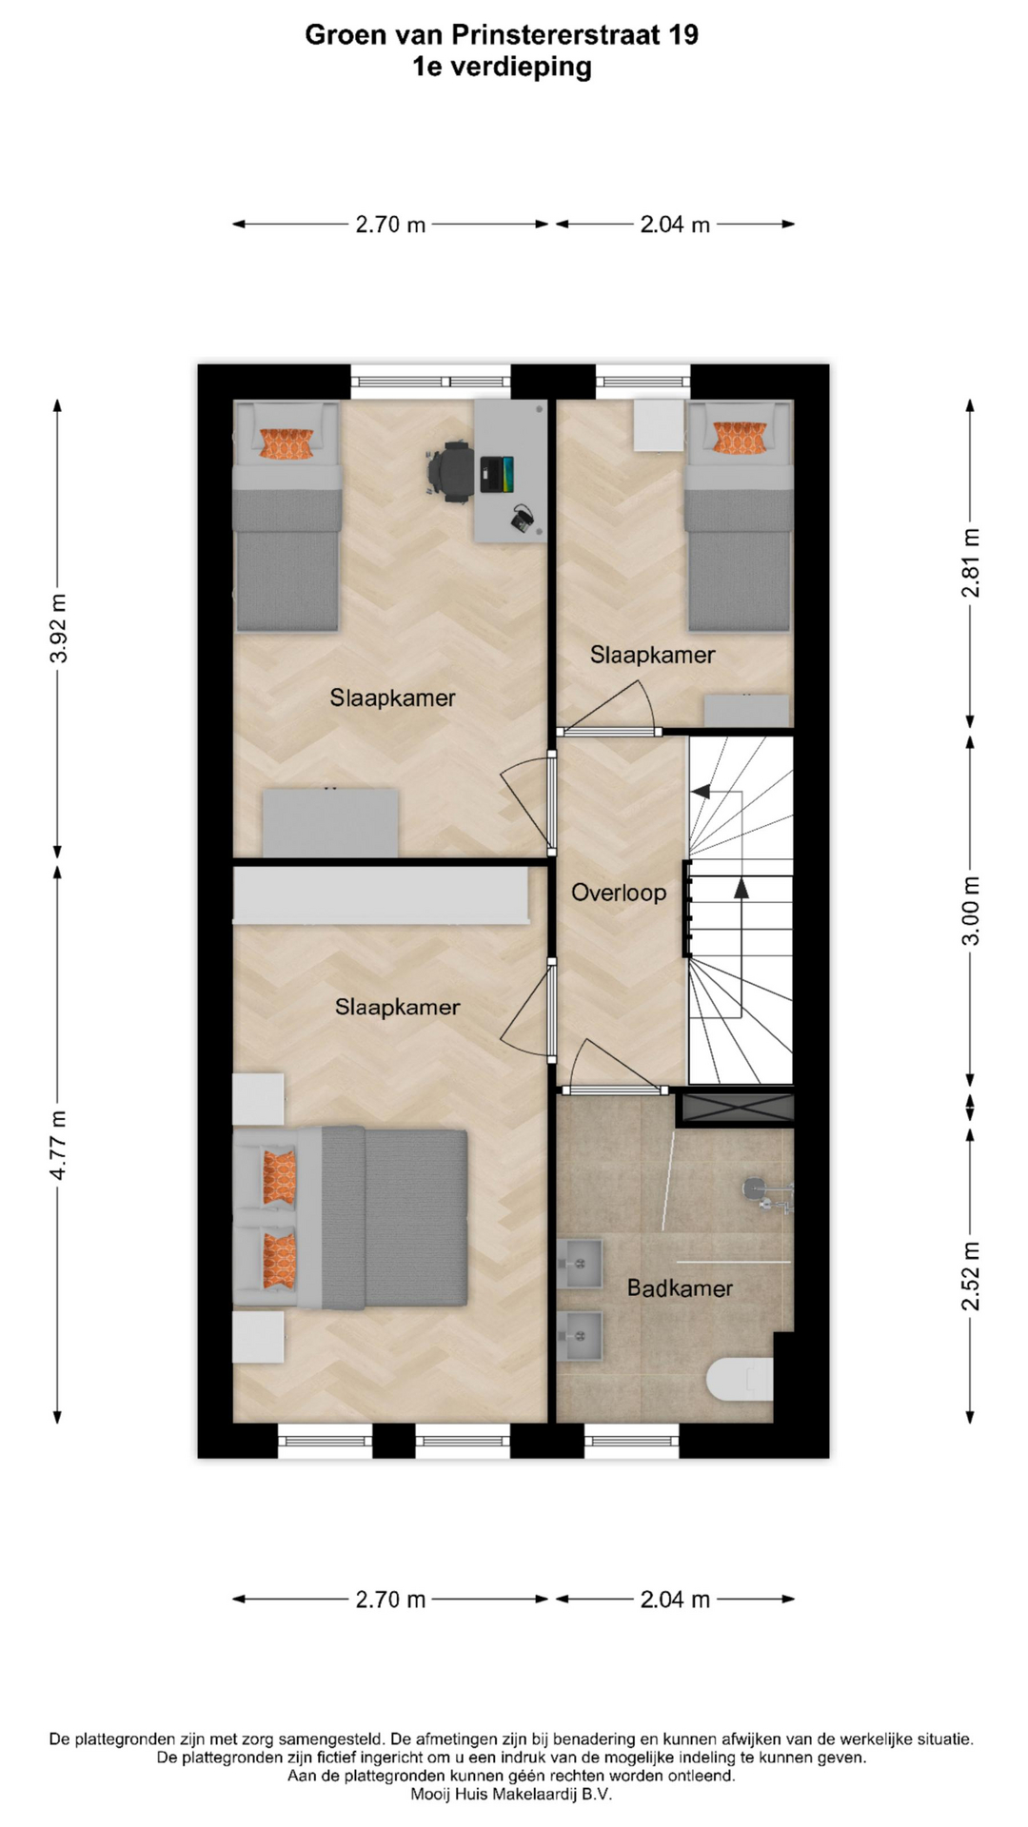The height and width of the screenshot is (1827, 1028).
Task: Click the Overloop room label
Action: (x=619, y=893)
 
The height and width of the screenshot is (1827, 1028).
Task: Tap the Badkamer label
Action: (x=680, y=1288)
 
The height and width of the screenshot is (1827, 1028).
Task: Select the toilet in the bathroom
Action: (x=741, y=1379)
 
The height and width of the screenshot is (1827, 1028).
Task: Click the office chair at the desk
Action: (x=449, y=470)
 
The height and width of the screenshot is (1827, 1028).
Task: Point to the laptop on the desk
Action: (x=498, y=475)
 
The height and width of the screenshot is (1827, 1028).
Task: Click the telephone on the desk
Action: (x=523, y=519)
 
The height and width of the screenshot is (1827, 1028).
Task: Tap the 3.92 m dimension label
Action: (x=58, y=629)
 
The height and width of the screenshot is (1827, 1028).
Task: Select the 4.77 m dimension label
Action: (x=58, y=1145)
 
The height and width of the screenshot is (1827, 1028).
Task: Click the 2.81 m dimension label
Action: (x=970, y=562)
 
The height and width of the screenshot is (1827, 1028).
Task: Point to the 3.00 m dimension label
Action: (x=970, y=911)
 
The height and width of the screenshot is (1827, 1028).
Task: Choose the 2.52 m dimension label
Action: (x=970, y=1276)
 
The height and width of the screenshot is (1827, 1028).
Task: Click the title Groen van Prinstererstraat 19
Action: (x=502, y=35)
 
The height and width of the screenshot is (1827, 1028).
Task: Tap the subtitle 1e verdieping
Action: (x=502, y=67)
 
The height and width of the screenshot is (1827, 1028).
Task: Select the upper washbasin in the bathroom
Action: (x=580, y=1263)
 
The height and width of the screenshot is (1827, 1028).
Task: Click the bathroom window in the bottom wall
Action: (x=632, y=1441)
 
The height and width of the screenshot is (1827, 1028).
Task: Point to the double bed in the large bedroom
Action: (x=350, y=1216)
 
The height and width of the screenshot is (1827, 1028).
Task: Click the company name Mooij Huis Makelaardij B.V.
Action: (x=511, y=1794)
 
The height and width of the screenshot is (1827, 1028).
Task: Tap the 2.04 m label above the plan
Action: (x=675, y=225)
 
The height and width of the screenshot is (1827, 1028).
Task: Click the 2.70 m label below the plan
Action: (x=390, y=1599)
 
